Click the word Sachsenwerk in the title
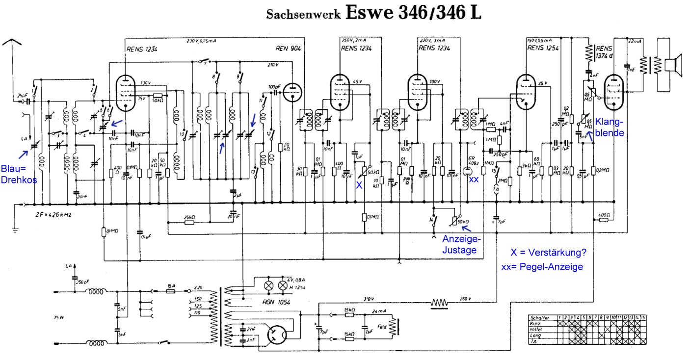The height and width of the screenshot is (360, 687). (x=303, y=14)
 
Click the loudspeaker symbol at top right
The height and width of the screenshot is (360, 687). (x=670, y=64)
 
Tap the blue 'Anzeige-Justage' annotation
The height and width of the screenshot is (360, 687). (x=462, y=244)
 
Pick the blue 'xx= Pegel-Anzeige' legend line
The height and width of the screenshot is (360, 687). (x=542, y=267)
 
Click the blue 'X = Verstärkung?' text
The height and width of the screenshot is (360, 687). (x=548, y=253)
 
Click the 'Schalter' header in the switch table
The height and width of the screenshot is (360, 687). (x=540, y=318)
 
